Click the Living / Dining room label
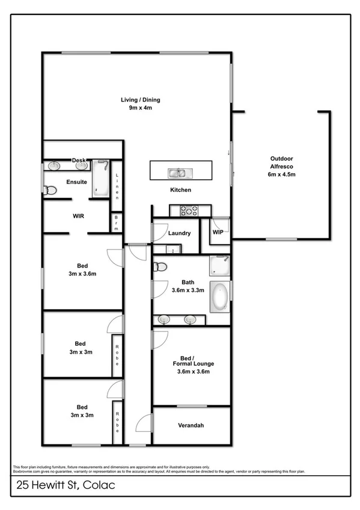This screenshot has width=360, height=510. click(141, 100)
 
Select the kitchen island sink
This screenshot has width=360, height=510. click(178, 174)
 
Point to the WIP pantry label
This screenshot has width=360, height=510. click(218, 232)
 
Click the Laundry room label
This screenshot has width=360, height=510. click(180, 233)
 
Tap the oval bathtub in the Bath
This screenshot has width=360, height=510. click(219, 297)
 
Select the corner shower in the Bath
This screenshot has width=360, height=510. click(219, 265)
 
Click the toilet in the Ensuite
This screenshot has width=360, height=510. click(50, 191)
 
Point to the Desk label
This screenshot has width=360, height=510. click(78, 161)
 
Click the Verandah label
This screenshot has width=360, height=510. click(191, 426)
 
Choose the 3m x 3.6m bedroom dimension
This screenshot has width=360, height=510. click(82, 274)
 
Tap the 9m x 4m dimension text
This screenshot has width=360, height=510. click(141, 108)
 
